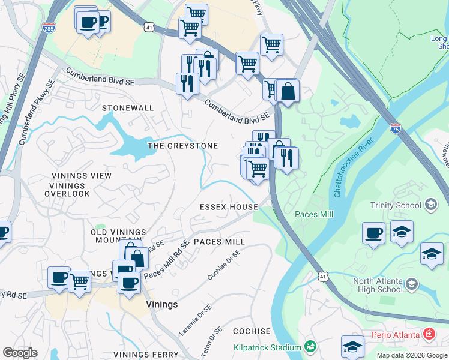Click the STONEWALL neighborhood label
tap(128, 108)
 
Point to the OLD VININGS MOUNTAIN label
tap(118, 236)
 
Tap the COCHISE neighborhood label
tap(252, 331)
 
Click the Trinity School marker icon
tap(430, 205)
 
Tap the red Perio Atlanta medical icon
tap(429, 332)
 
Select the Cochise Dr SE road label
tap(223, 266)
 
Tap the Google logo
tap(20, 352)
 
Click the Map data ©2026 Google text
tap(411, 355)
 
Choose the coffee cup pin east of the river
tap(373, 232)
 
